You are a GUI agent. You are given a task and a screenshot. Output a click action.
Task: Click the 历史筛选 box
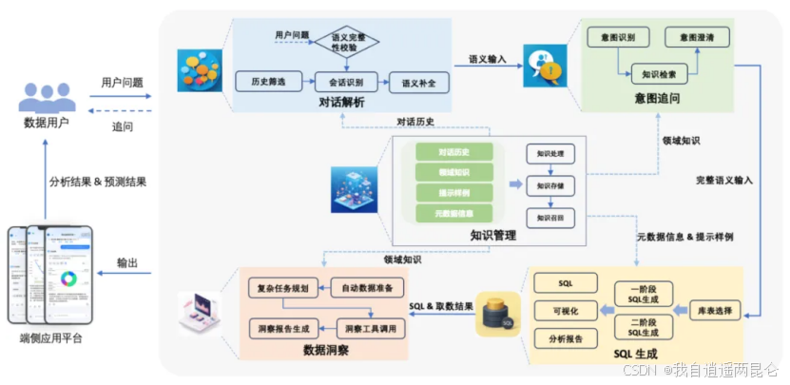tap(260, 81)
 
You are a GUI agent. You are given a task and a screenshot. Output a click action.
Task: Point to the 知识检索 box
tap(658, 72)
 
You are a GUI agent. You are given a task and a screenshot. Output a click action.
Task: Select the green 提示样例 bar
tap(454, 193)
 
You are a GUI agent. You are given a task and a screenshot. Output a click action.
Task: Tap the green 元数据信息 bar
tap(454, 214)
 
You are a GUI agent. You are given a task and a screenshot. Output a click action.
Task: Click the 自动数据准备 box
tap(367, 287)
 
